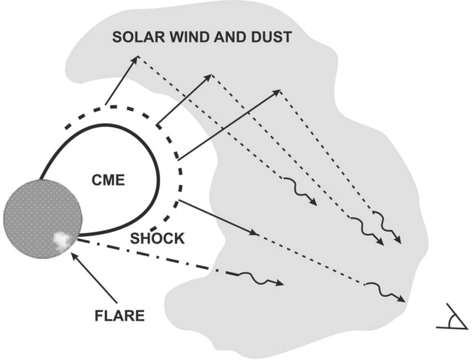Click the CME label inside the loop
(x=108, y=180)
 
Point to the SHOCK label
(x=157, y=239)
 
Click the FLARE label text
(x=120, y=316)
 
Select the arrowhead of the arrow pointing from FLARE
(x=73, y=256)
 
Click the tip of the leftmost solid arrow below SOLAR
(x=138, y=56)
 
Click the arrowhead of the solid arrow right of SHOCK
(x=255, y=233)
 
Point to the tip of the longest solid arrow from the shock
(x=280, y=90)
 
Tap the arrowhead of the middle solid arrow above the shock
(x=212, y=75)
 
